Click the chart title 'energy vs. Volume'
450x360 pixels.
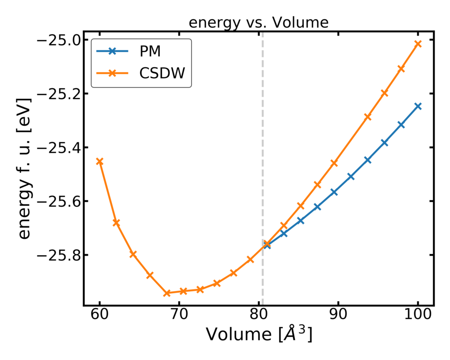click(258, 23)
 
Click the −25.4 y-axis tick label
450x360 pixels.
click(56, 148)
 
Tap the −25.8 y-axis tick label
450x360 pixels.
click(56, 255)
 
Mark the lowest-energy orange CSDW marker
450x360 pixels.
click(167, 293)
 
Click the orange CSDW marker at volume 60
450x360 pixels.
click(99, 161)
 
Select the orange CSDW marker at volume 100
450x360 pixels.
click(418, 43)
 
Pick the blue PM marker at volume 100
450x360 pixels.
click(418, 106)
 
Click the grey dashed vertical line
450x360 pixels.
click(262, 140)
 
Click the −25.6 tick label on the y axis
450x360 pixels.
click(56, 202)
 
